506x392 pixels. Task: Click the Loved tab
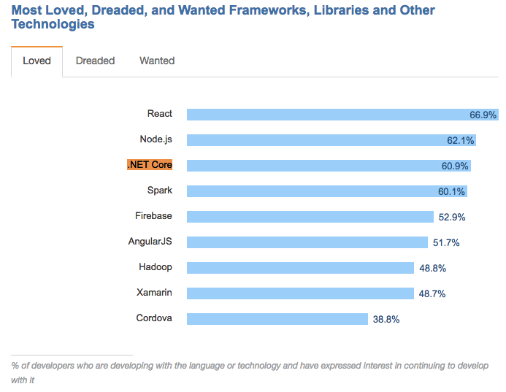point(37,61)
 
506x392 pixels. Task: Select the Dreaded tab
point(95,61)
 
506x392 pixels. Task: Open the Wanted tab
point(157,61)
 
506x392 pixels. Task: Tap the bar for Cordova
point(277,319)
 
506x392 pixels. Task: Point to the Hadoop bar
point(300,268)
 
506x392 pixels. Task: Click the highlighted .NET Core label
point(150,165)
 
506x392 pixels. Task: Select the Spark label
point(159,191)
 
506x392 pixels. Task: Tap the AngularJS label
point(150,242)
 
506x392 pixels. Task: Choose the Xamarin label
point(154,293)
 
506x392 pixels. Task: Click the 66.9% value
point(483,115)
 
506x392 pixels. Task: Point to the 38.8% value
point(386,319)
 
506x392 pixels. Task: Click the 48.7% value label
point(432,293)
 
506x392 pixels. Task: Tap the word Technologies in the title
point(53,24)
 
